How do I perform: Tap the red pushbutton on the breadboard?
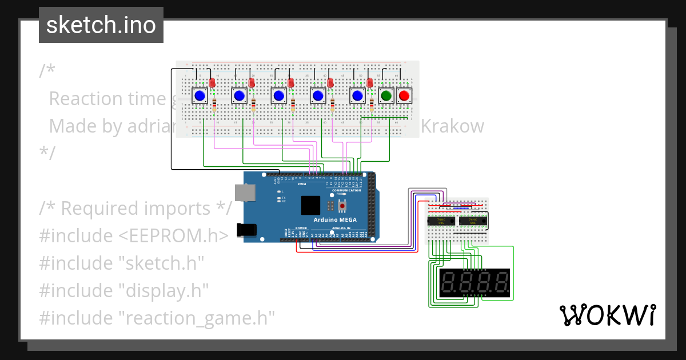404,95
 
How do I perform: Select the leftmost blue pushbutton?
200,95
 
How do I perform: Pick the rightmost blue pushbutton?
357,95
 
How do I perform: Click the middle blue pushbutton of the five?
278,95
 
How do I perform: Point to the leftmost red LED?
212,83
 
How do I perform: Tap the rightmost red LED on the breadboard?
370,83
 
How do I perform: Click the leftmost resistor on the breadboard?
214,105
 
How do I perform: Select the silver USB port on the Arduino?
245,193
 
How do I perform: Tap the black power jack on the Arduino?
246,230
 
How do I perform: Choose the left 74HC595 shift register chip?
441,221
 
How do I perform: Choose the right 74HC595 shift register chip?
472,221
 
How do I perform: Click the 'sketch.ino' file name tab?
101,25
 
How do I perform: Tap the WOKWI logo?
607,315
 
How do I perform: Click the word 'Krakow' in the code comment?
452,126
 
